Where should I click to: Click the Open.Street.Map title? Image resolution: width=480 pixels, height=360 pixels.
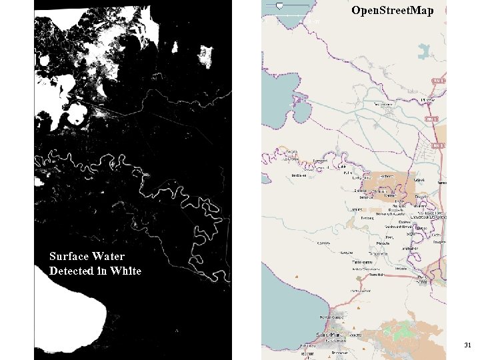click(393, 11)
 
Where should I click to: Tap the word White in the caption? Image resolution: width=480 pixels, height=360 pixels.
click(125, 271)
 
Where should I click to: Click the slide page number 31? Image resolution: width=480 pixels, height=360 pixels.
click(467, 345)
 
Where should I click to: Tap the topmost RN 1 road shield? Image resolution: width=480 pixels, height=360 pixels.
click(438, 80)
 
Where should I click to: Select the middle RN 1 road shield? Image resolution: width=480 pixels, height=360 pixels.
click(433, 119)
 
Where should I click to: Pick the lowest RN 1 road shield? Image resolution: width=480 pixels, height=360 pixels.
click(438, 145)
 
